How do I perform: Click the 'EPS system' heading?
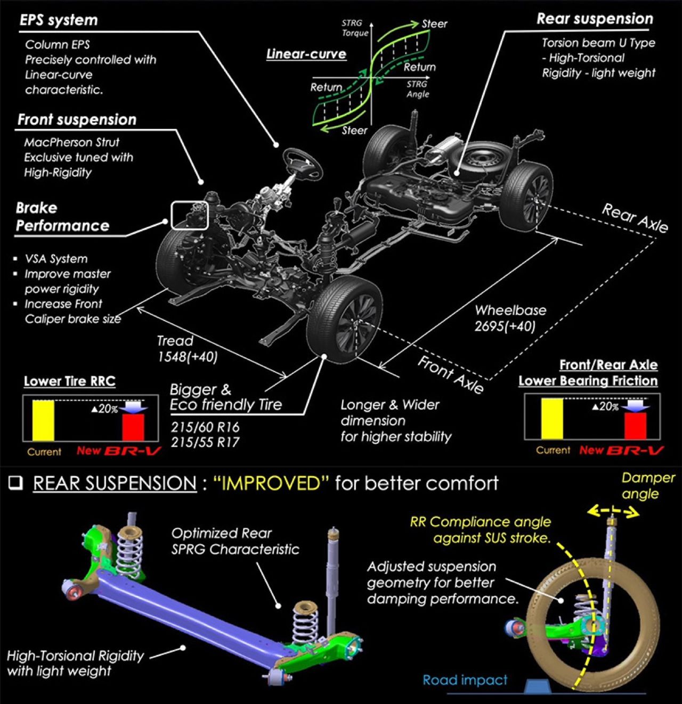(59, 20)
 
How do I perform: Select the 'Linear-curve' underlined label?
(306, 54)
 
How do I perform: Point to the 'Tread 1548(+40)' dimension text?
(186, 349)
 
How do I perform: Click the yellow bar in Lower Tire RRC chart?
(43, 420)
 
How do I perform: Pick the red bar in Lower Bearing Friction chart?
(635, 425)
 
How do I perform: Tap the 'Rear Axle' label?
(635, 218)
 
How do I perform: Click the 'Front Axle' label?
(451, 375)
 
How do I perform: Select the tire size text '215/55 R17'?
(205, 442)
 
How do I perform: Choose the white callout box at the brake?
(189, 215)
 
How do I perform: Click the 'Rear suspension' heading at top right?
(595, 19)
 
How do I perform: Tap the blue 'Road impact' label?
(465, 680)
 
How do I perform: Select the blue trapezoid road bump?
(539, 686)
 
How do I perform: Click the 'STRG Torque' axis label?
(354, 28)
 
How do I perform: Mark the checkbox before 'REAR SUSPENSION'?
(16, 482)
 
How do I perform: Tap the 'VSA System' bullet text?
(56, 259)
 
